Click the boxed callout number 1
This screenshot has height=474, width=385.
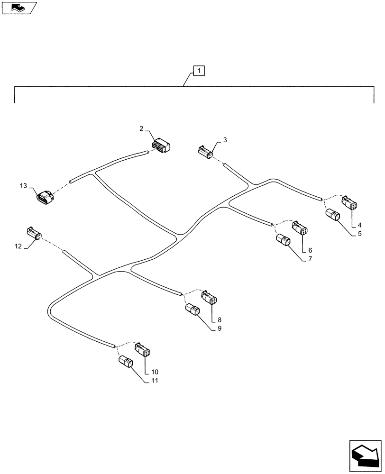[x=199, y=71]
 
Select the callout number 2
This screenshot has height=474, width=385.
[x=141, y=128]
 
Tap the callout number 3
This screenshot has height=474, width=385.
[x=225, y=140]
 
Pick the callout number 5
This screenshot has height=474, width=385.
[x=360, y=233]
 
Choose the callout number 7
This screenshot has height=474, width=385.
[x=310, y=259]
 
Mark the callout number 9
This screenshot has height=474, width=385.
[x=220, y=328]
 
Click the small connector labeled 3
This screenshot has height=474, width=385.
[x=205, y=152]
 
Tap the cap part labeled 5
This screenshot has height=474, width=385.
[x=332, y=217]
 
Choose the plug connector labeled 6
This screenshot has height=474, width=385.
[x=300, y=228]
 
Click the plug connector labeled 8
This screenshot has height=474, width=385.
[x=209, y=299]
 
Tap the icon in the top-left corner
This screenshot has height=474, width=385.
[x=19, y=7]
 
